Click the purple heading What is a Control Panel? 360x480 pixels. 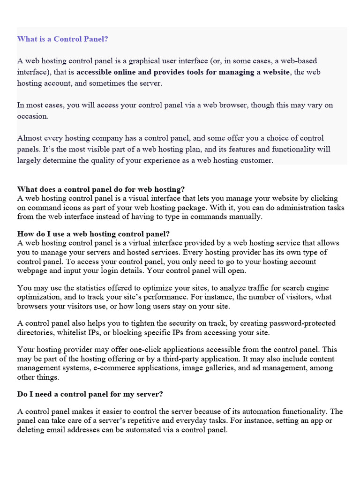[x=63, y=39]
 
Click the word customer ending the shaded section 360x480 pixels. [x=256, y=160]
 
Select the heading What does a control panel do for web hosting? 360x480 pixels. [x=101, y=189]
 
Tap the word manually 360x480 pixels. [x=247, y=217]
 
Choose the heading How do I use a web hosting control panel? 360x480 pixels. [x=93, y=234]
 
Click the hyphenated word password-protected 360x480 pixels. [x=297, y=323]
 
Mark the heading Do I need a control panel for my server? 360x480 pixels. [x=90, y=394]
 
